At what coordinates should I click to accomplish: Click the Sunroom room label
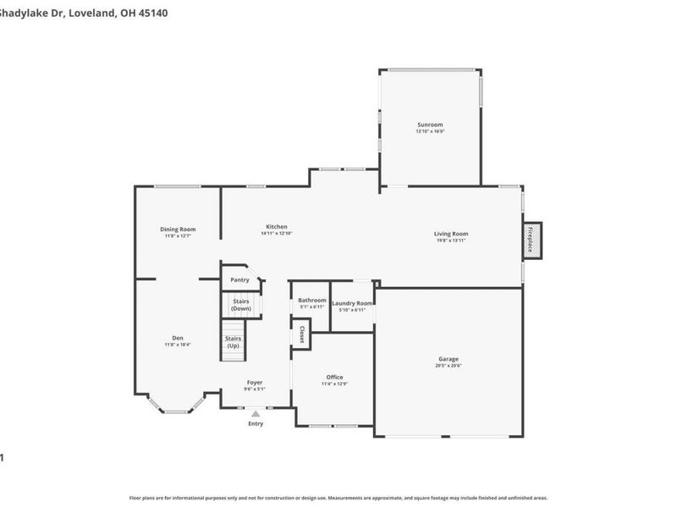(429, 124)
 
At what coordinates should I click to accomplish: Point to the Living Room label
(451, 234)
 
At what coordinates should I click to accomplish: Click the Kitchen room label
(277, 226)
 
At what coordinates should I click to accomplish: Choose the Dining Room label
(178, 229)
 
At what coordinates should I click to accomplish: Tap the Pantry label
(239, 279)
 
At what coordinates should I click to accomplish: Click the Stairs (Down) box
(240, 306)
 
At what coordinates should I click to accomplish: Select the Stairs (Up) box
(233, 343)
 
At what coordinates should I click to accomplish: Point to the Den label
(178, 338)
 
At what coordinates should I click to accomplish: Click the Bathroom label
(311, 300)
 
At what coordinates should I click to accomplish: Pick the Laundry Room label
(352, 303)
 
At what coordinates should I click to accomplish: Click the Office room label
(334, 377)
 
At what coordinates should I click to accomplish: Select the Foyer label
(255, 383)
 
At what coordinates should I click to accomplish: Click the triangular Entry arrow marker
(256, 413)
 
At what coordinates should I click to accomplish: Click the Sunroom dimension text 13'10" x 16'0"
(429, 131)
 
